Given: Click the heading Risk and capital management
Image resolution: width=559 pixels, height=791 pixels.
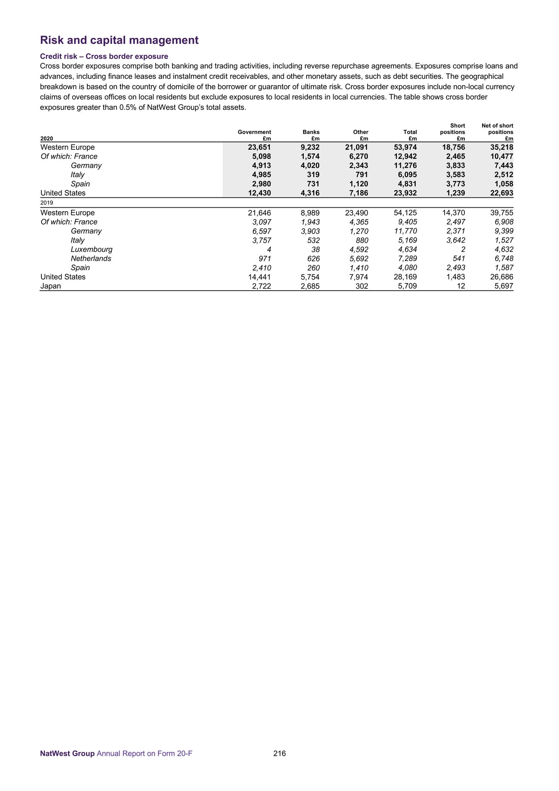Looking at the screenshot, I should click(x=119, y=40).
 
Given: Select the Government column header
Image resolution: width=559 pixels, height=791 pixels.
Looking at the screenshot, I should click(x=254, y=132).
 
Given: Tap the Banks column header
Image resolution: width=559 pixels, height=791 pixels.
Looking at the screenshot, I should click(x=311, y=132).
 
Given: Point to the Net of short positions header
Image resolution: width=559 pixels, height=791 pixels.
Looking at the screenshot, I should click(x=497, y=129).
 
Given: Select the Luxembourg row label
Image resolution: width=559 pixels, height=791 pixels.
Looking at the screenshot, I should click(x=92, y=249).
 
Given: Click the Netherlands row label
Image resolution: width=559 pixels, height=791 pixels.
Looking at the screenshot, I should click(x=91, y=259).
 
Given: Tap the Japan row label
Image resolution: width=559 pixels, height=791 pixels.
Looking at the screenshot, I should click(x=51, y=286).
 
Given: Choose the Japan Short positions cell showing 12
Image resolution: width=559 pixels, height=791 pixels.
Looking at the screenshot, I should click(x=461, y=286).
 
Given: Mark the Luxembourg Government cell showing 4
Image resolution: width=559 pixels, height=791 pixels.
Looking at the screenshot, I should click(x=268, y=249).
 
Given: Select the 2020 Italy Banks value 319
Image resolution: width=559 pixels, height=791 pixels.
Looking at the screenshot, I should click(x=313, y=175).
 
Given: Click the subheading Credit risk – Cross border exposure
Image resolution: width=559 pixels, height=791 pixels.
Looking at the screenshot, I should click(x=104, y=56).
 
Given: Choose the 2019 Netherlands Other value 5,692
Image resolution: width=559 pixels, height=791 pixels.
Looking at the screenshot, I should click(x=357, y=259).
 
